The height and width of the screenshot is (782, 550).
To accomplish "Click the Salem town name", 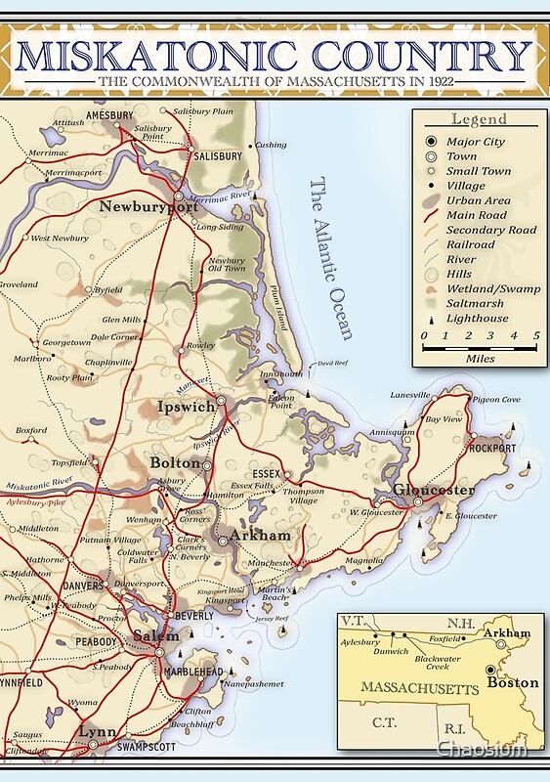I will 156,635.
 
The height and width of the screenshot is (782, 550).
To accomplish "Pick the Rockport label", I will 492,449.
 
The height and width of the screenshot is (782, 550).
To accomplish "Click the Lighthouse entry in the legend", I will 478,318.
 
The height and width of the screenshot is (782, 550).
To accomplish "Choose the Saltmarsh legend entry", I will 477,303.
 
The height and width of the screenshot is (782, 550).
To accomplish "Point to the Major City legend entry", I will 476,142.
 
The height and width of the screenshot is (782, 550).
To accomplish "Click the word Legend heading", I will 479,119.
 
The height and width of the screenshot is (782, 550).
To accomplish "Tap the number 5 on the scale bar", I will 536,335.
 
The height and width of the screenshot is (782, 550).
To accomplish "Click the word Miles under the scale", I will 481,359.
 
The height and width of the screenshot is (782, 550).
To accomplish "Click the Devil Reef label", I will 334,364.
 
